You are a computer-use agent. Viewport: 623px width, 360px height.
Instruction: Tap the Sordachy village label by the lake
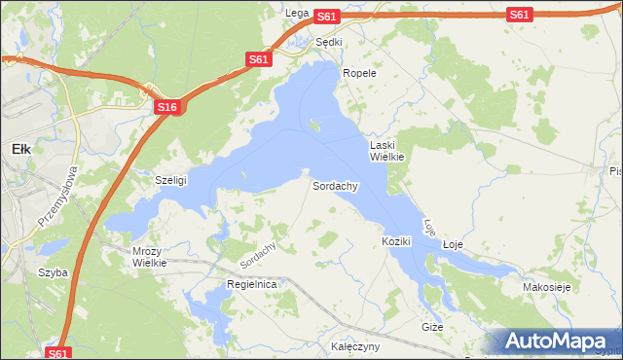[336, 185]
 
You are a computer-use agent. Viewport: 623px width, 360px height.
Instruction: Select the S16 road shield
[166, 108]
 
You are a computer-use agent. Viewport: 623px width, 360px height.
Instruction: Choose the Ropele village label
[358, 73]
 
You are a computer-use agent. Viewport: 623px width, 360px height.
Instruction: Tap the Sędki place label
[329, 42]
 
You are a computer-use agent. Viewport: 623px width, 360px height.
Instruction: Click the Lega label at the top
[297, 13]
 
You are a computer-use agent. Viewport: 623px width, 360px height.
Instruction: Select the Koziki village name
[397, 240]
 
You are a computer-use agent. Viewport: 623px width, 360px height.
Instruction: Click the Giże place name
[432, 327]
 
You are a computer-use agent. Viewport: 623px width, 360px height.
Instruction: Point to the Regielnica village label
[251, 283]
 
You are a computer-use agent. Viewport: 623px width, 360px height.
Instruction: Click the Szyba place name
[53, 272]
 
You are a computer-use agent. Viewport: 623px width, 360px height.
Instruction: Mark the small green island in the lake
[314, 124]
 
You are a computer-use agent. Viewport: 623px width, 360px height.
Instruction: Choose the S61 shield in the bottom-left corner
[58, 354]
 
